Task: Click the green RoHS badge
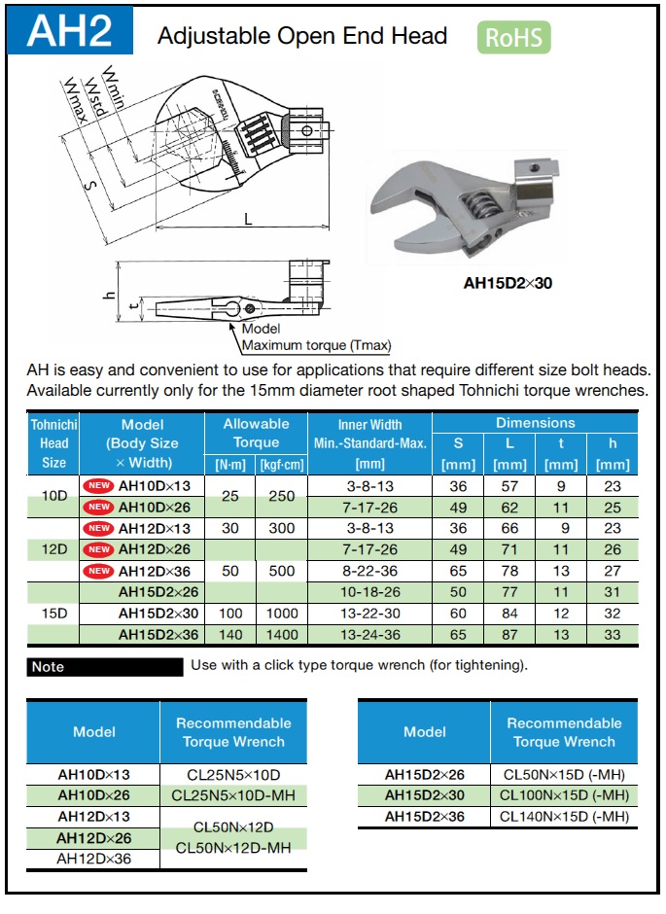coord(513,38)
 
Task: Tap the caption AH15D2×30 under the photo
coord(508,285)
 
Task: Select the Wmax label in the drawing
coord(77,100)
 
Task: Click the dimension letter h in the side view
coord(110,296)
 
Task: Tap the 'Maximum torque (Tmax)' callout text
coord(316,345)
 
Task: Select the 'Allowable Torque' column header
coord(256,433)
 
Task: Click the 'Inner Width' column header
coord(369,424)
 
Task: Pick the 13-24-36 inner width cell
coord(369,633)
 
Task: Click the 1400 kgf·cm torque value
coord(281,633)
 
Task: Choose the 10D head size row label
coord(54,495)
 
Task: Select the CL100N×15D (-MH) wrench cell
coord(564,795)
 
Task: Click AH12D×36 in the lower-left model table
coord(93,859)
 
